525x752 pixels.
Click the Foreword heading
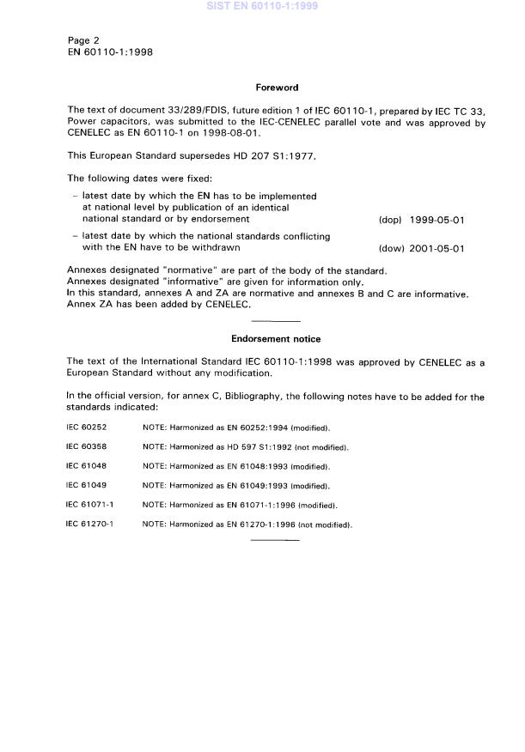[276, 88]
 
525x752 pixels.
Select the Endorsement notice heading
[276, 339]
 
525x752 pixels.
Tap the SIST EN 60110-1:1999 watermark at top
[262, 6]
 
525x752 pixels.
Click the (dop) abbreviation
[390, 220]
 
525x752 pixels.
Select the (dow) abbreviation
[390, 249]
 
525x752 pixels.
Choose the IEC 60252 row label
[85, 428]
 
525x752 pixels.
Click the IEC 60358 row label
[85, 447]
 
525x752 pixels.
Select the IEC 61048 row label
[85, 466]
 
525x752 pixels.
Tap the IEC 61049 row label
[85, 485]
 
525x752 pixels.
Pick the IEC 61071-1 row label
[90, 505]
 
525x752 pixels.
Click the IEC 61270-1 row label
[90, 524]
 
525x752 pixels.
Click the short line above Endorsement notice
[276, 320]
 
